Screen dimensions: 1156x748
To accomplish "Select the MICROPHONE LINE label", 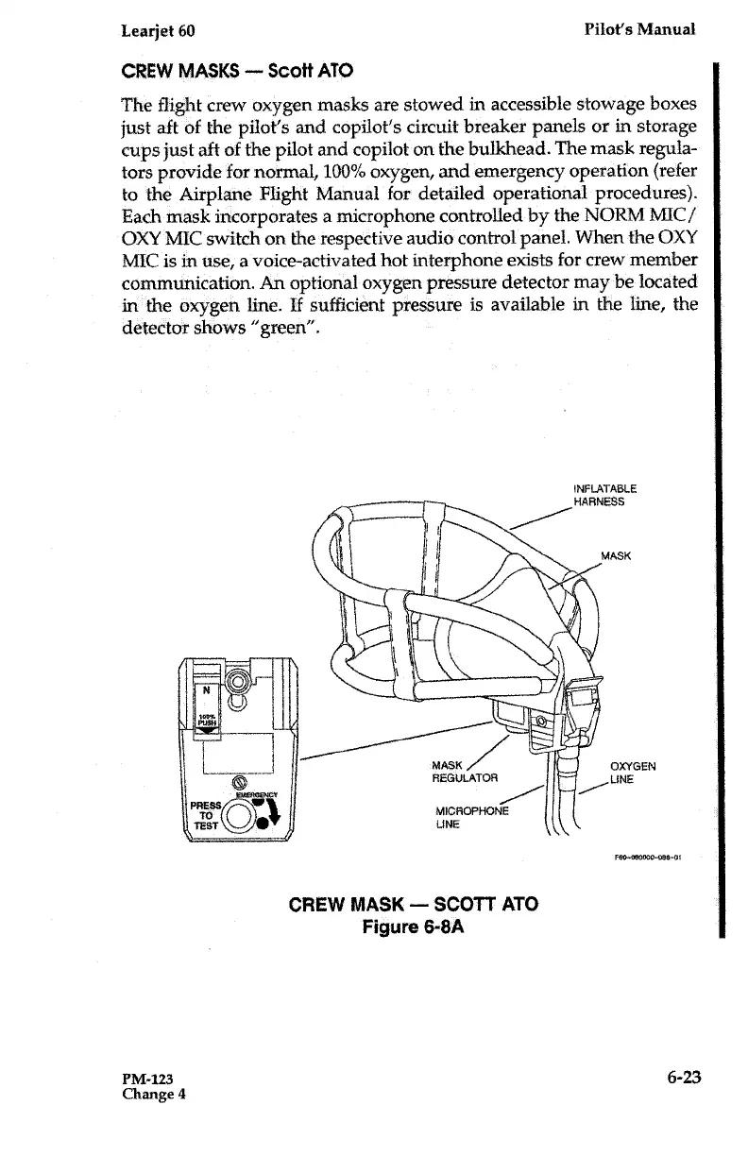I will (x=470, y=818).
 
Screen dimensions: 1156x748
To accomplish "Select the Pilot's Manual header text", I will (x=638, y=29).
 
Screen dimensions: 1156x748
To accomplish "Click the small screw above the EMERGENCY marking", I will (x=239, y=782).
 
